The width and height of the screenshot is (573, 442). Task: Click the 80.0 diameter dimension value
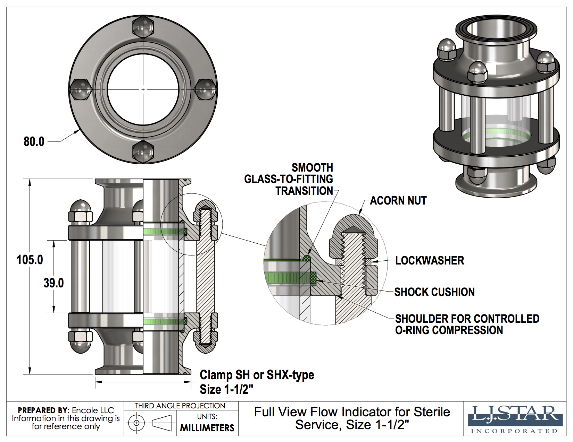point(34,141)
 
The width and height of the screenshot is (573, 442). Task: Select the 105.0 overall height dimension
point(30,260)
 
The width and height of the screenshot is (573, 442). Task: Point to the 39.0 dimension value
point(53,283)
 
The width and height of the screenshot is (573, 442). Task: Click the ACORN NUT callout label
point(398,200)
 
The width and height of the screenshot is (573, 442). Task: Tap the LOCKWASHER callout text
point(430,260)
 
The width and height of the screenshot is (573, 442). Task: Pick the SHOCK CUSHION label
point(434,292)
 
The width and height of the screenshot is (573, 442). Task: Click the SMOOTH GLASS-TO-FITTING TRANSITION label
point(289,179)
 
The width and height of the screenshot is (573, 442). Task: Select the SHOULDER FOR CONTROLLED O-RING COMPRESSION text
point(467,324)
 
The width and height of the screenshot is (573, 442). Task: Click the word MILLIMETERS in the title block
point(207,428)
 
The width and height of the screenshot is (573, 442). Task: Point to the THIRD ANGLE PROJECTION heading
point(180,406)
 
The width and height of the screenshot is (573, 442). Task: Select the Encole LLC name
point(93,410)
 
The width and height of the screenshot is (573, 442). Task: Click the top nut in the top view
point(143,27)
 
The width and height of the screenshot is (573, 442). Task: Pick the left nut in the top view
point(81,89)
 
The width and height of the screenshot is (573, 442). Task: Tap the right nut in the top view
point(206,89)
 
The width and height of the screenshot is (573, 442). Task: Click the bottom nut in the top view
point(143,151)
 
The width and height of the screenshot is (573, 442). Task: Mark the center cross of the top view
point(143,89)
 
